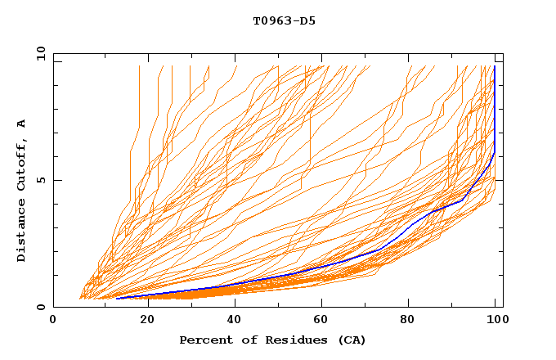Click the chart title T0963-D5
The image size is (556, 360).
tap(284, 20)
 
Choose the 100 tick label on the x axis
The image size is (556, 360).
tap(495, 320)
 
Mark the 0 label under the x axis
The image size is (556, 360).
tap(53, 320)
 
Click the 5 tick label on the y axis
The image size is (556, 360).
tap(41, 180)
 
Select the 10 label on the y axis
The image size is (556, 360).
tap(38, 53)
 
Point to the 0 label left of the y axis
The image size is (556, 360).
tap(41, 307)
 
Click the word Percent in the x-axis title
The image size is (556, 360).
tap(205, 340)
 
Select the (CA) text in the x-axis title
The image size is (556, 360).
tap(352, 340)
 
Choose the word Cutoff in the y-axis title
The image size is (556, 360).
tap(22, 166)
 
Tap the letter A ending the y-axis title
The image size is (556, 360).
tap(22, 124)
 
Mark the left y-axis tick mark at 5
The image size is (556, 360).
tap(56, 180)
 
